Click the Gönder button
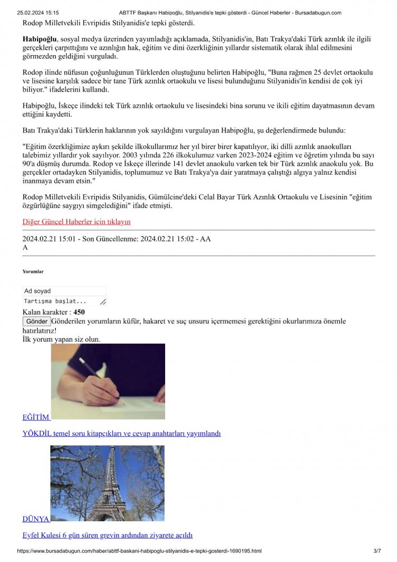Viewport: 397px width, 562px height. pos(37,322)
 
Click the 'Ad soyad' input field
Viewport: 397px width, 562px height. pos(64,291)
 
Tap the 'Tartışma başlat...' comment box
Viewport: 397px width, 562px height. pos(64,301)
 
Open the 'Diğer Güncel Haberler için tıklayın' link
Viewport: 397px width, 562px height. pos(76,221)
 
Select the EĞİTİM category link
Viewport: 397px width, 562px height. pos(36,417)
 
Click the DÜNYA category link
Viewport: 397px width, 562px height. pos(36,519)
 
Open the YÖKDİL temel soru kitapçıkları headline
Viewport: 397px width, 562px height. pos(121,433)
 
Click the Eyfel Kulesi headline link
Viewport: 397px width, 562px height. pos(107,535)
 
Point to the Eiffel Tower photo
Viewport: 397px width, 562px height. pos(107,483)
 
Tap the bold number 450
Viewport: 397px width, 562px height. pos(79,312)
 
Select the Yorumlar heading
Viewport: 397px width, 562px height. pos(33,271)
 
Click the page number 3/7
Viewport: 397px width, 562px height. pos(377,551)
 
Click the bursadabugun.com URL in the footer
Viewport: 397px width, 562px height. pos(139,551)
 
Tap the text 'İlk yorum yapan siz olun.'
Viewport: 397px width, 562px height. pos(61,339)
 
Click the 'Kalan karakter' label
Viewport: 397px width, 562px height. pos(46,312)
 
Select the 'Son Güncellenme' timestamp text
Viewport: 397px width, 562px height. pos(138,239)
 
